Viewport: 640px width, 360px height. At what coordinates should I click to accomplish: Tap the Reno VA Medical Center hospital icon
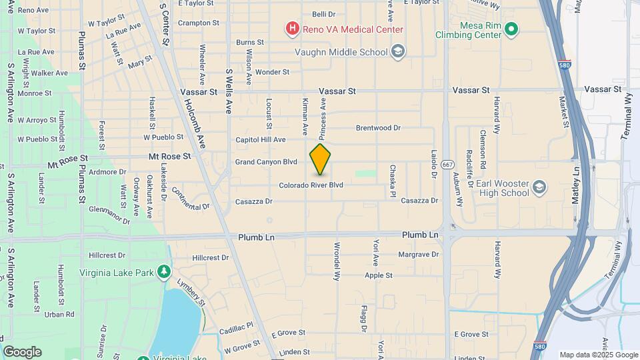291,29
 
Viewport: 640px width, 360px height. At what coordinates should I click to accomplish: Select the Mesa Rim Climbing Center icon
511,29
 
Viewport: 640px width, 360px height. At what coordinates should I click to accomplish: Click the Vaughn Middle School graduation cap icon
398,52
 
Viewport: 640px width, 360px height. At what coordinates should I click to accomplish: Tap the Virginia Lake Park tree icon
163,272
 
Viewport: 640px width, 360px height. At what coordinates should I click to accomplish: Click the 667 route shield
447,164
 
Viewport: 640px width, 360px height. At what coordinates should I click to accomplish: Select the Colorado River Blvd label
311,185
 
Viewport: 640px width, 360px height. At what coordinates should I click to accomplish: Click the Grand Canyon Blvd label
266,162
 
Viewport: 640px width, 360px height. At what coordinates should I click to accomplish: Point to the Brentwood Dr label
378,127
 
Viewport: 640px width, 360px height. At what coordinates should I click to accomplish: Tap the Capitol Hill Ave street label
261,140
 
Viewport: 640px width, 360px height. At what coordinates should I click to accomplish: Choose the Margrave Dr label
418,254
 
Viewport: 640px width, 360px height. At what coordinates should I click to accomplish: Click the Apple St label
378,275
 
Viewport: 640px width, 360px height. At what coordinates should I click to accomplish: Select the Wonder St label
272,72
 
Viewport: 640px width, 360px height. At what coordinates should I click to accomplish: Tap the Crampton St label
199,23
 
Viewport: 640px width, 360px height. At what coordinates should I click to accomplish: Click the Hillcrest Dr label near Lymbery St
210,257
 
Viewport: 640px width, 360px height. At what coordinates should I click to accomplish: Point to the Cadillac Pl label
237,327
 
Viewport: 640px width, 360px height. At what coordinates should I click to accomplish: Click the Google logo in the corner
22,352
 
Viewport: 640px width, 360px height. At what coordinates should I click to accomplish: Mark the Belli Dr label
323,14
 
